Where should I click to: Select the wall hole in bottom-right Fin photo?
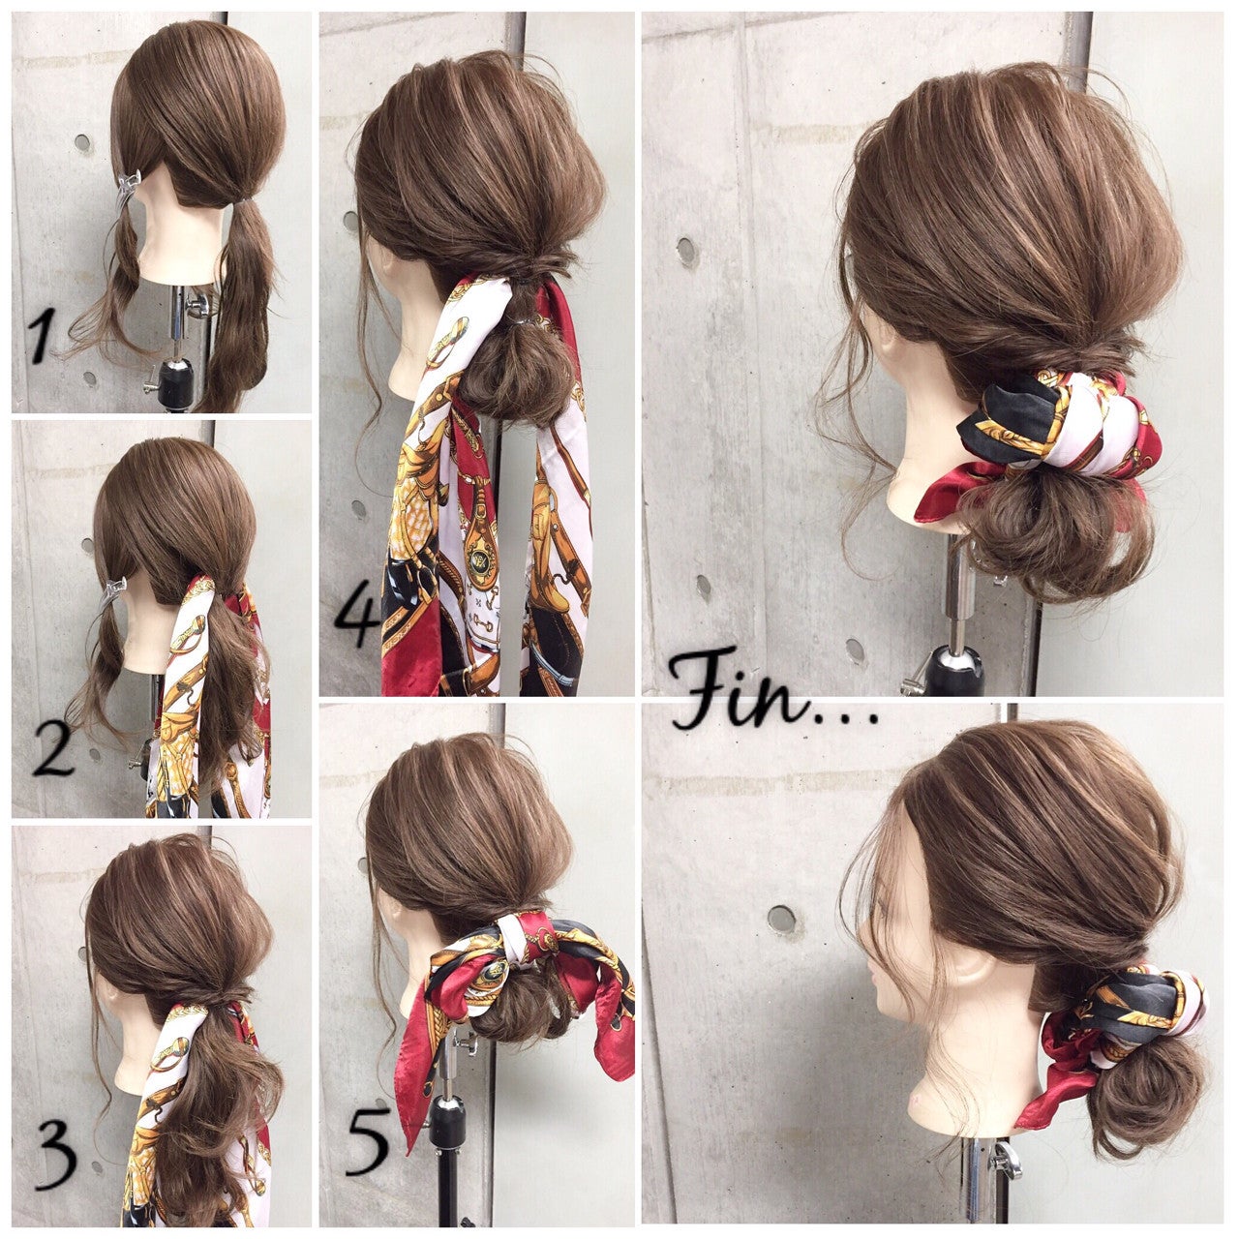pyautogui.click(x=781, y=920)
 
